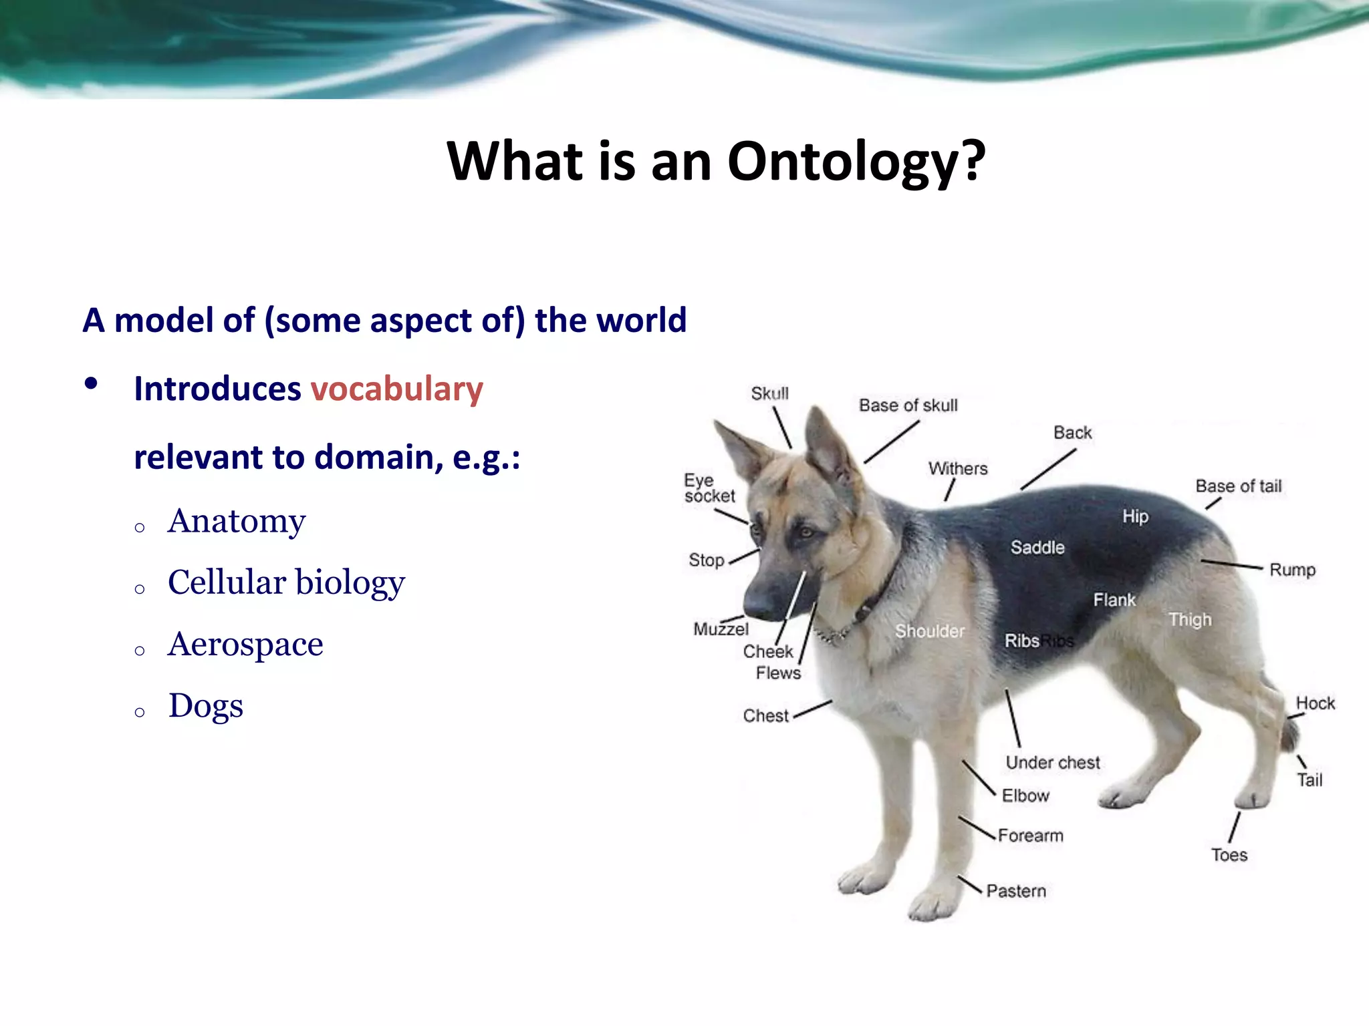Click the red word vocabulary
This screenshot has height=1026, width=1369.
tap(396, 389)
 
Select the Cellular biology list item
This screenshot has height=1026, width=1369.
tap(286, 582)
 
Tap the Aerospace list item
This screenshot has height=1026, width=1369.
tap(245, 645)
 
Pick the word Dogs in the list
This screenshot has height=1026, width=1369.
tap(206, 706)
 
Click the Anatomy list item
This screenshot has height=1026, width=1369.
tap(237, 522)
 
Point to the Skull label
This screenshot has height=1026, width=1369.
tap(769, 393)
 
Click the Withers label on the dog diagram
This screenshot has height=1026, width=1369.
tap(957, 469)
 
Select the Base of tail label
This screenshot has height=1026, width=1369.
tap(1238, 486)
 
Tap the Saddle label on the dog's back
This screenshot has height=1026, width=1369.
tap(1037, 548)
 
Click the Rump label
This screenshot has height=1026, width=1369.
tap(1291, 570)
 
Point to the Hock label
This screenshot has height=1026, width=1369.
tap(1315, 703)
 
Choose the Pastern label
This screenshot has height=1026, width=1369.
tap(1015, 891)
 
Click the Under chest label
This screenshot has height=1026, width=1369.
tap(1052, 763)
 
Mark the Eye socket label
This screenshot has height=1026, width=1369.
tap(709, 488)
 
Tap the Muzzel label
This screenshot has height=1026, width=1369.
tap(721, 629)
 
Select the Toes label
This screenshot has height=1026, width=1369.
tap(1229, 855)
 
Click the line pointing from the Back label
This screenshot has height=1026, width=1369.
tap(1048, 470)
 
